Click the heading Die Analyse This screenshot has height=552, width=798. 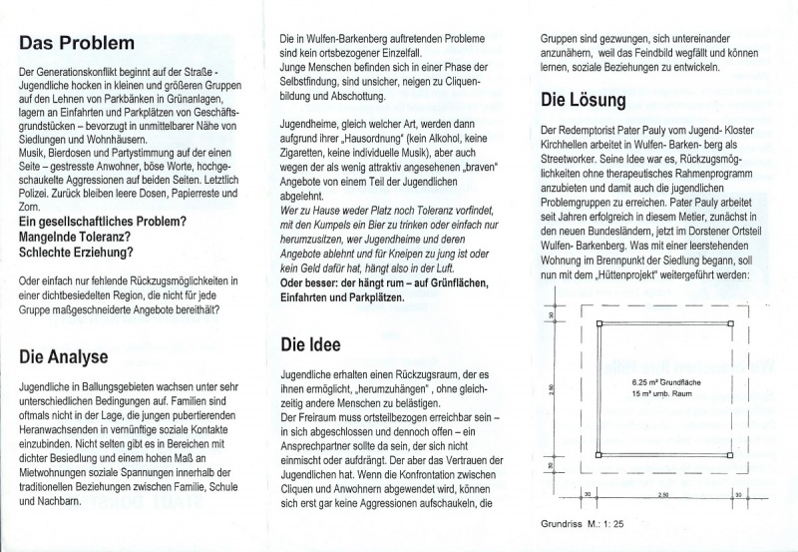click(x=65, y=356)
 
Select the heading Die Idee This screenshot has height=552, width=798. click(x=308, y=345)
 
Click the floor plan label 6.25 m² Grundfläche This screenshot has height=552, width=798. click(x=653, y=381)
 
